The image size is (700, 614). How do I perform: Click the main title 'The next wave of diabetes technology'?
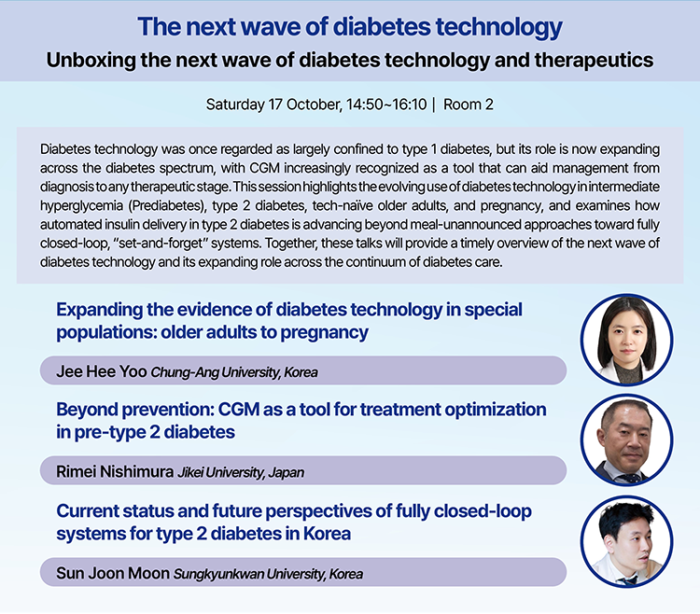pyautogui.click(x=350, y=27)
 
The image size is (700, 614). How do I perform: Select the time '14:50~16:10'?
pyautogui.click(x=386, y=105)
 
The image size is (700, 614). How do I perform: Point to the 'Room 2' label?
pyautogui.click(x=469, y=105)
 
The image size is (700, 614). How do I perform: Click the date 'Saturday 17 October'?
pyautogui.click(x=273, y=105)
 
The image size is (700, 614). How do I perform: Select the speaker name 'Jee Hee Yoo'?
pyautogui.click(x=102, y=371)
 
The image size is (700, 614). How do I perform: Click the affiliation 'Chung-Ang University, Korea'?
pyautogui.click(x=234, y=372)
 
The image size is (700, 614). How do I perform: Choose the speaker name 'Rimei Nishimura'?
pyautogui.click(x=115, y=471)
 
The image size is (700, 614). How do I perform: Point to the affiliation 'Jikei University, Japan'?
pyautogui.click(x=241, y=472)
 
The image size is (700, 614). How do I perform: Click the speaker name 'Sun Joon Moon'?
pyautogui.click(x=113, y=573)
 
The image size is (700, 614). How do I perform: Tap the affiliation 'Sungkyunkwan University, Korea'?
pyautogui.click(x=268, y=574)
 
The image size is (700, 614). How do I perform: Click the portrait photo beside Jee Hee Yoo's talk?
pyautogui.click(x=626, y=340)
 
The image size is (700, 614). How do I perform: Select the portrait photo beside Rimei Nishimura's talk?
pyautogui.click(x=626, y=440)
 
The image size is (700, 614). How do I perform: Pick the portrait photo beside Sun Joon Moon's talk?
pyautogui.click(x=626, y=542)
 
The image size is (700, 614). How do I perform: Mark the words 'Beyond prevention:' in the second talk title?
pyautogui.click(x=134, y=410)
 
